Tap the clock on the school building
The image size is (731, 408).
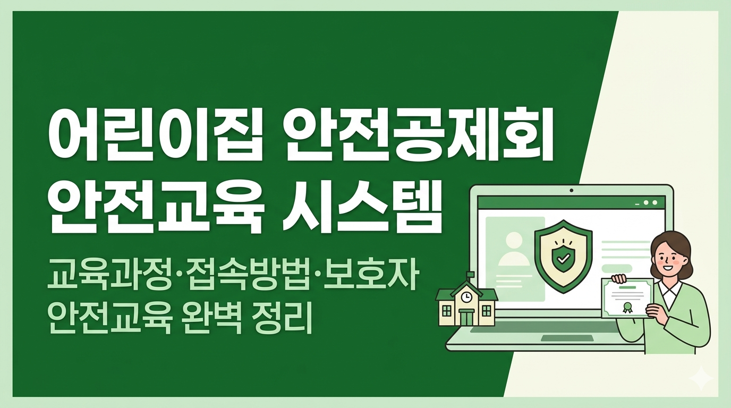tap(467, 296)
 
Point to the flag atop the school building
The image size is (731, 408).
tap(471, 274)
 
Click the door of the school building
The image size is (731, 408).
tap(467, 318)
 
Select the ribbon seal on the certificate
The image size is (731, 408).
tap(627, 308)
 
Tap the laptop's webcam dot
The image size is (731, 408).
tap(571, 190)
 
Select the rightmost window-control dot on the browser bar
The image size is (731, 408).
tap(654, 203)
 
